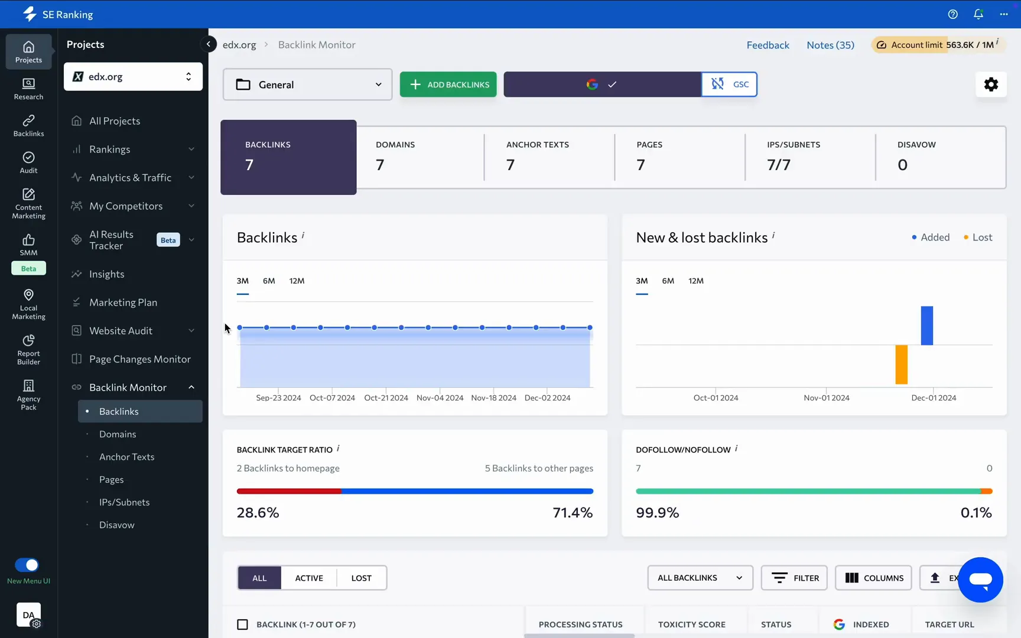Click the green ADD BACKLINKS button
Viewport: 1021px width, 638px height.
pos(448,84)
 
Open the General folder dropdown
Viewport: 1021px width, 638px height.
pos(307,84)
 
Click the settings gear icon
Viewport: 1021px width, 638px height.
pos(991,84)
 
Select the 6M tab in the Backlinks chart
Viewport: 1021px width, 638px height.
pos(269,281)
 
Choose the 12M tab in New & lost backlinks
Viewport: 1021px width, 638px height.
pos(695,281)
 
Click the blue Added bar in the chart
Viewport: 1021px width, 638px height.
pos(926,325)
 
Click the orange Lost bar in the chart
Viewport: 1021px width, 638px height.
pos(901,364)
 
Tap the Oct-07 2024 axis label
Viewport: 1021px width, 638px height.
pos(332,398)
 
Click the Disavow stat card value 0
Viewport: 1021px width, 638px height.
pos(902,165)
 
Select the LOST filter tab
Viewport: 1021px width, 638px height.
pos(361,578)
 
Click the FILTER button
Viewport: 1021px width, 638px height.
pos(794,578)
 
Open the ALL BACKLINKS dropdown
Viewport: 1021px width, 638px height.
pos(700,578)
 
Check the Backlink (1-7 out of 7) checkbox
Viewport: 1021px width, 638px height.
pos(242,624)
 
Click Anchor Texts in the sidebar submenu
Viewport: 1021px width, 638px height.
pos(126,457)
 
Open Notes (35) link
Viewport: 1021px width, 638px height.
pos(830,45)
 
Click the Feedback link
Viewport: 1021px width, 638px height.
pos(768,45)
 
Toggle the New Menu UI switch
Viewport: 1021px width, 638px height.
pos(27,565)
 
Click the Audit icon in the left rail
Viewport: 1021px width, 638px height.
pos(28,162)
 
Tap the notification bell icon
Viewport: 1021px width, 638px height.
pos(978,14)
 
